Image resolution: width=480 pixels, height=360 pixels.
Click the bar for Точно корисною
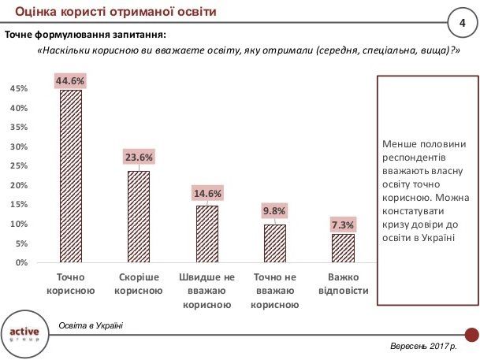[71, 176]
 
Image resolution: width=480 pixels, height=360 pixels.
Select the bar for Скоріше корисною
[139, 217]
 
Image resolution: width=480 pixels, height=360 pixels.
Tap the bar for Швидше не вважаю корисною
[207, 233]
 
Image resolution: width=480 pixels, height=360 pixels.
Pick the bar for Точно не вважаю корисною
[275, 243]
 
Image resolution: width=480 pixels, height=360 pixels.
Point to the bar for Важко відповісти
[343, 248]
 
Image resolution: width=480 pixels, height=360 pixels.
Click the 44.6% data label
[70, 80]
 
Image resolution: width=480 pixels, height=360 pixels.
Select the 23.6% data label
[139, 158]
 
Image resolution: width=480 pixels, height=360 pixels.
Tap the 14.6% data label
[207, 193]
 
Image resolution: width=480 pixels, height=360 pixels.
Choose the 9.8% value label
[275, 211]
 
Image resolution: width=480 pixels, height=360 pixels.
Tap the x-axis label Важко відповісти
[343, 284]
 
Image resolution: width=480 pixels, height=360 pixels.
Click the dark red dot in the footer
[473, 335]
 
